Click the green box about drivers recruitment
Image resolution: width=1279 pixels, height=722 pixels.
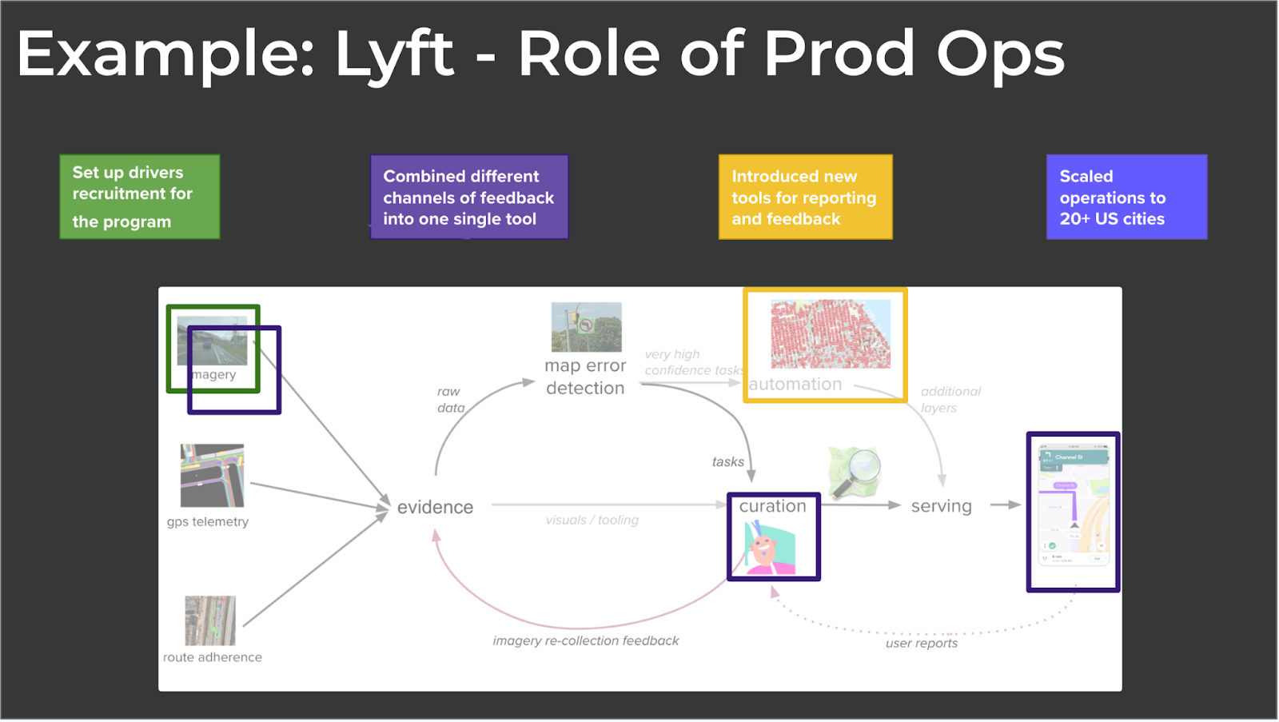(x=140, y=197)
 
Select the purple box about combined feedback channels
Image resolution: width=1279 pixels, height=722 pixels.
(x=469, y=197)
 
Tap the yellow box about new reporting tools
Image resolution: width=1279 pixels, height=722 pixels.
(x=805, y=197)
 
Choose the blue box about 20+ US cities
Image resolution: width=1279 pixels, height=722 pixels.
(x=1126, y=197)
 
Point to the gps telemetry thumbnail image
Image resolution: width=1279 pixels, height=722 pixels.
(x=212, y=476)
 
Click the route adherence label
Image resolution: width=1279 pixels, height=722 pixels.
(x=213, y=657)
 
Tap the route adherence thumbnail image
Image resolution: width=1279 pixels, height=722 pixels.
(x=210, y=620)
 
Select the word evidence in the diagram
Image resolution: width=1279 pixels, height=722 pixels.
(x=435, y=507)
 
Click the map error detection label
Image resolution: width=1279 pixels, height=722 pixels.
(x=585, y=377)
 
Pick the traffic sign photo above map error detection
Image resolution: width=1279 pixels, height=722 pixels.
(x=586, y=327)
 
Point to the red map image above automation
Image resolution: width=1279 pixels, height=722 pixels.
(x=831, y=333)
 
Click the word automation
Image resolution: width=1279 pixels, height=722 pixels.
(x=795, y=385)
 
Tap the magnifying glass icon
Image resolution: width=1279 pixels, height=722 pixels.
(x=855, y=472)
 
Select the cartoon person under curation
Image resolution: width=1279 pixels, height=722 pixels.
(x=770, y=548)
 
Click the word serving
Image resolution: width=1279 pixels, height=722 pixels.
(x=941, y=506)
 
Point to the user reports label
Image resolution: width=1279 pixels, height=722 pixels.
(x=921, y=644)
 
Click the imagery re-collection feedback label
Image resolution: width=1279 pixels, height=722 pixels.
(x=585, y=641)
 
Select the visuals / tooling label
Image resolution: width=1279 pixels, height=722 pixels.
(x=592, y=521)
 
